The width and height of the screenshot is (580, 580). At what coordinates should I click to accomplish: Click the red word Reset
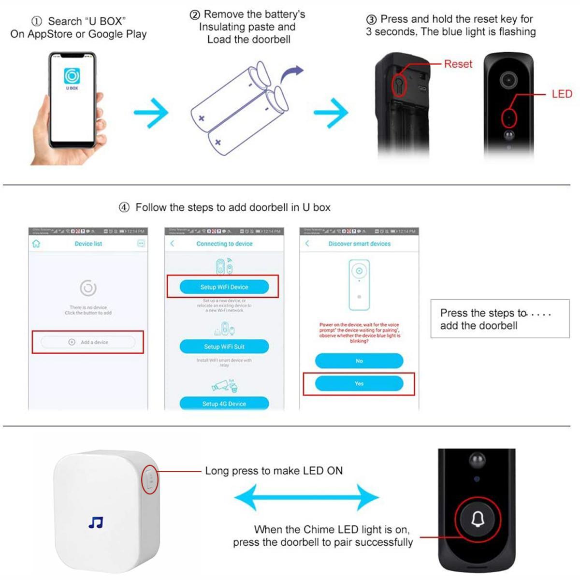458,64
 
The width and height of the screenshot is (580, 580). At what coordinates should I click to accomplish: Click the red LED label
562,94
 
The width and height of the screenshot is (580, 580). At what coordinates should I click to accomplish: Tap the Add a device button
88,342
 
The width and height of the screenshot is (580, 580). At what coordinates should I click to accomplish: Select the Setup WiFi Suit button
224,347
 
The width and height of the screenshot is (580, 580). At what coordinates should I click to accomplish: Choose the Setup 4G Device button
224,403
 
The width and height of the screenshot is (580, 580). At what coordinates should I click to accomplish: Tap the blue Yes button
359,383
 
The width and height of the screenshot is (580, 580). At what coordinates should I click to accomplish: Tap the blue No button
359,361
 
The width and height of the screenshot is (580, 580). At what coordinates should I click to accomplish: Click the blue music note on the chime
96,522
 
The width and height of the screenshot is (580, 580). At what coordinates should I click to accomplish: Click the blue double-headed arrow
306,497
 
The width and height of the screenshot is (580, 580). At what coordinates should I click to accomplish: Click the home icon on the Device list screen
36,244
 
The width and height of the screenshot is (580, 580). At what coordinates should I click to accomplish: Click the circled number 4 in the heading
124,207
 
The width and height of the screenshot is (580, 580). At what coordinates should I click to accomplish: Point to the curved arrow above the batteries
291,74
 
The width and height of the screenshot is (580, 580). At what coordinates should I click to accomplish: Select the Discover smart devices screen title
359,244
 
